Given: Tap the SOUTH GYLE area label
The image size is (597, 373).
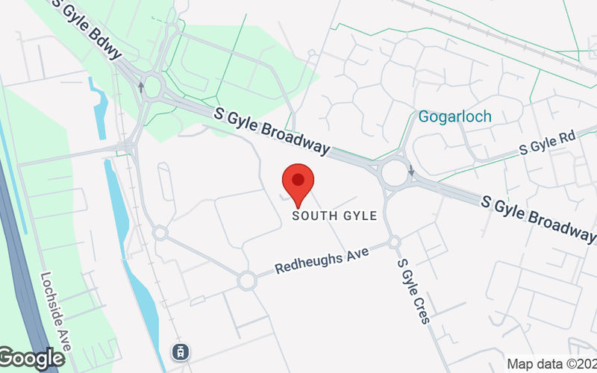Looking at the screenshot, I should coord(335,216).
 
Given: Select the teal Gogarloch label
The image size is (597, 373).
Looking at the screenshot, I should coord(454,117).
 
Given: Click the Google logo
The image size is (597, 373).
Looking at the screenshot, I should coord(31,359).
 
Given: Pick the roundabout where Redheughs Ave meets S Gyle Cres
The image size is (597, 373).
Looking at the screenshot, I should coord(394,242).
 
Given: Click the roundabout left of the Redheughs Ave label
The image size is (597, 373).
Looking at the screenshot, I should coord(247,281).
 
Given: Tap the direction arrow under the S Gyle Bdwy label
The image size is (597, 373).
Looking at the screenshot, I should coord(140,87).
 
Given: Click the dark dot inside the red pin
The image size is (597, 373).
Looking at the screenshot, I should coord(298,180).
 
